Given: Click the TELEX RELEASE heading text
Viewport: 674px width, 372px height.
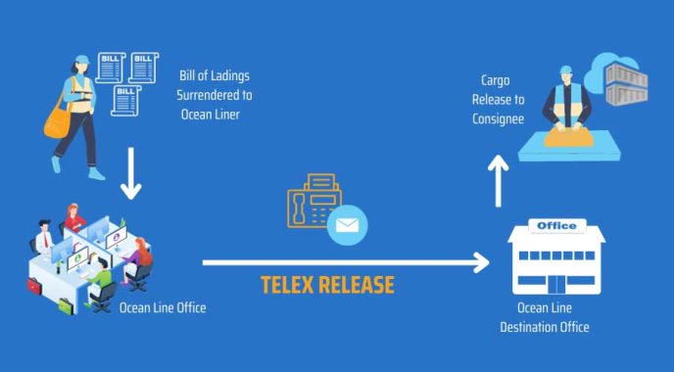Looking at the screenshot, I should pyautogui.click(x=327, y=285).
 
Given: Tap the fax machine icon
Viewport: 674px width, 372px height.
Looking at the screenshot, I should pyautogui.click(x=313, y=202).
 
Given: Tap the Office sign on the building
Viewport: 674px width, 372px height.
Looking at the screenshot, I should pyautogui.click(x=555, y=226).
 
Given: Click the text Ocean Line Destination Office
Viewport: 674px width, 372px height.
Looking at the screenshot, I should pyautogui.click(x=545, y=317).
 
